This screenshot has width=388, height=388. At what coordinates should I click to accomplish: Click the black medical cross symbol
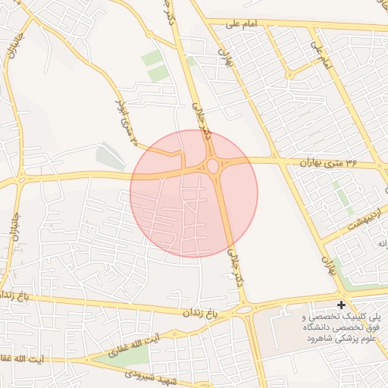[x=341, y=304]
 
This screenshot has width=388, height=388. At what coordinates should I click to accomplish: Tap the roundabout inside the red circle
[x=213, y=166]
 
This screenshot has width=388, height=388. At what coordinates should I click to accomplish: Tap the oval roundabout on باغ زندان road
[x=245, y=310]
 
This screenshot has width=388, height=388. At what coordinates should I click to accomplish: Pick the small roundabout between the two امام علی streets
[x=289, y=74]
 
